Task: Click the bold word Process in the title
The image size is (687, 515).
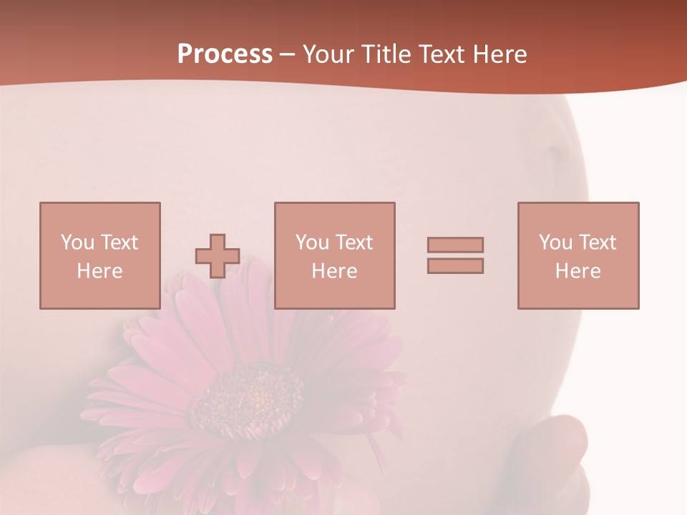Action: pos(225,54)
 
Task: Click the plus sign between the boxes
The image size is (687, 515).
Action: pos(218,256)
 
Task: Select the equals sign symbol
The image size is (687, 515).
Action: pos(455,255)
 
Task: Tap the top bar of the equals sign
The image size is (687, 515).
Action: pos(455,245)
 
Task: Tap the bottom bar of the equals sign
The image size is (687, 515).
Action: pos(455,266)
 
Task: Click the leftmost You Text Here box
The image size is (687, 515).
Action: pos(100,255)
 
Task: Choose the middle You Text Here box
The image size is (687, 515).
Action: pos(335,255)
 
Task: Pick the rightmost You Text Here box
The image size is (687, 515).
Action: pos(578,255)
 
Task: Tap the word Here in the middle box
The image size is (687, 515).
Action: pos(335,271)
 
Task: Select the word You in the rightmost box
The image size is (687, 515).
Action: pos(557,242)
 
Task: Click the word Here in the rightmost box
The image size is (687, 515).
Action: pos(578,271)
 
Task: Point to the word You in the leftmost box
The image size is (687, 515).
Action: pos(77,242)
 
